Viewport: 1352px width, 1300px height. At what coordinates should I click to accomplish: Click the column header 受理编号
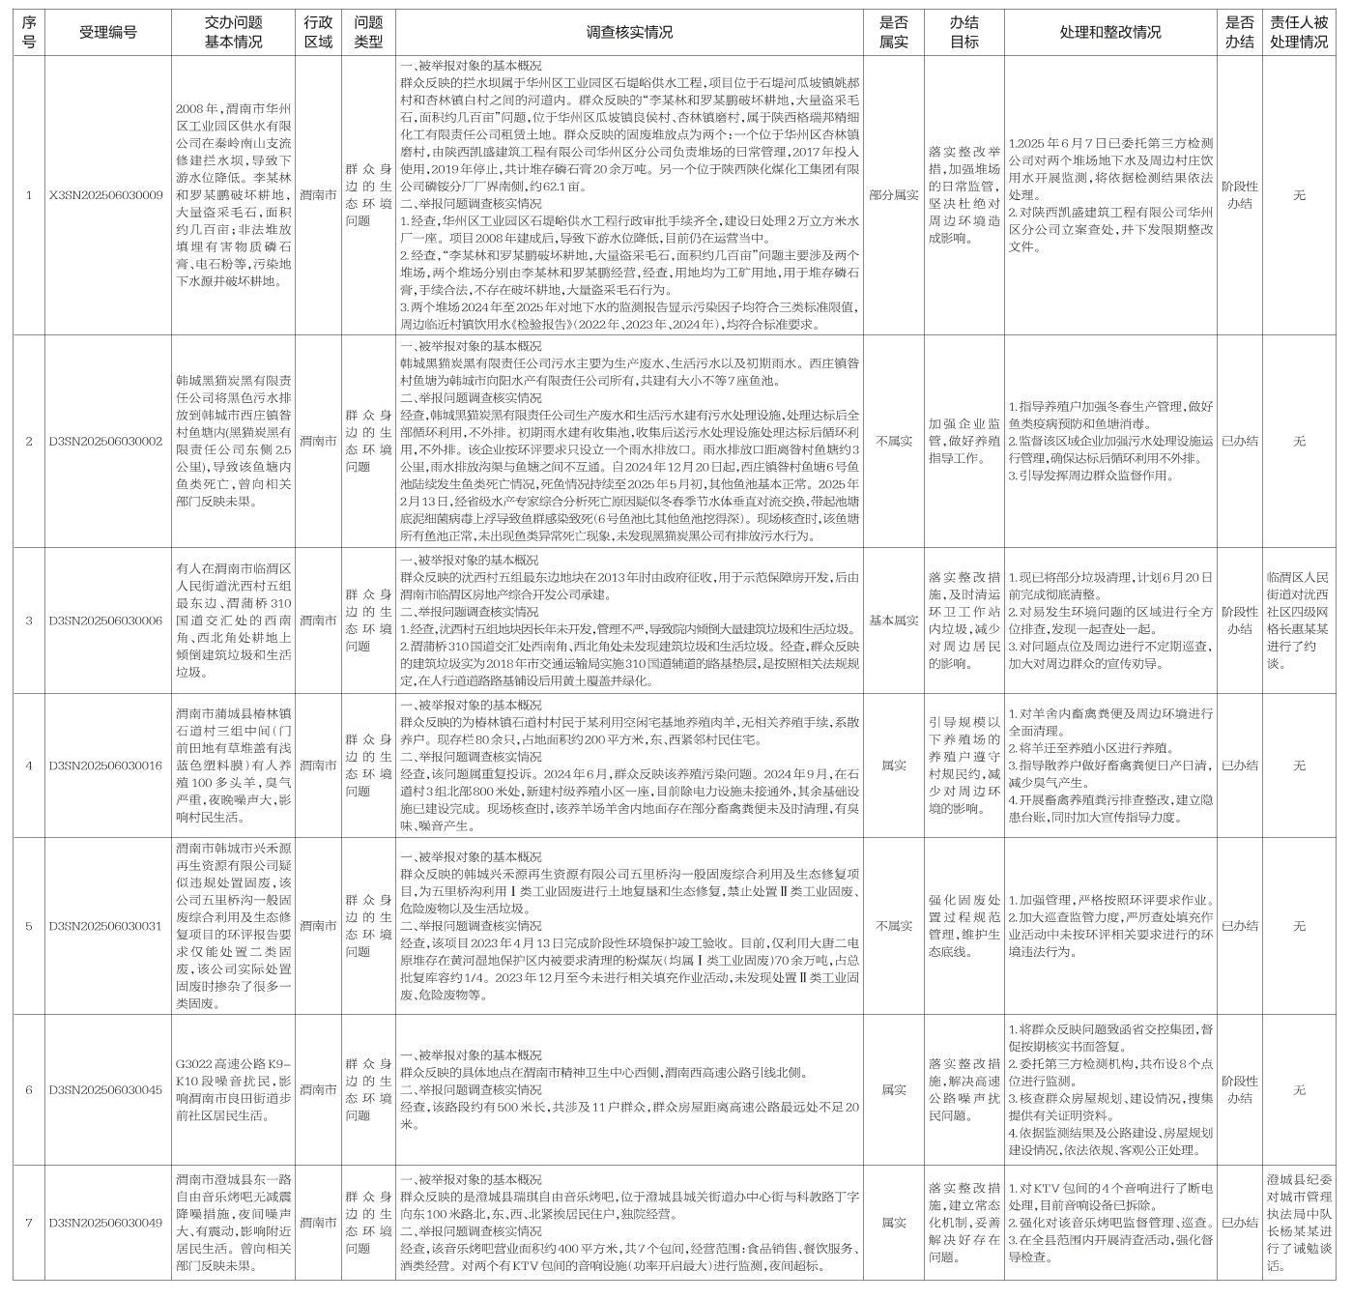[107, 32]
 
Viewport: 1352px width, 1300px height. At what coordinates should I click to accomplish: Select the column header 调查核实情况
[629, 32]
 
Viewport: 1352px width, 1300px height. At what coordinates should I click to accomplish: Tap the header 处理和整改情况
[1110, 32]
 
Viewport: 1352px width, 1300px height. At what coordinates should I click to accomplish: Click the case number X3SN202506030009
[107, 195]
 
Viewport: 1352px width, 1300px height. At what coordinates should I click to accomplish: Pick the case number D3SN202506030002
[107, 441]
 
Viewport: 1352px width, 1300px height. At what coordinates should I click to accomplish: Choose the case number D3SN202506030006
[107, 620]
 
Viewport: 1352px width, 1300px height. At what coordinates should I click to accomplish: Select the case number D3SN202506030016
[107, 766]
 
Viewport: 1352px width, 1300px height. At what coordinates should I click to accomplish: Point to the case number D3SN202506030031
[107, 926]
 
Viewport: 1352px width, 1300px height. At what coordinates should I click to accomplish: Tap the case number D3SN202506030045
[107, 1089]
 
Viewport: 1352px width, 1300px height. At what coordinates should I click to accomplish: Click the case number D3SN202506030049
[107, 1223]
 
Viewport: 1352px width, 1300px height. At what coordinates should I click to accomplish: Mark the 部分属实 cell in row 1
[894, 195]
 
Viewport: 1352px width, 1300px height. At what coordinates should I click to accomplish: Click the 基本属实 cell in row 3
[894, 620]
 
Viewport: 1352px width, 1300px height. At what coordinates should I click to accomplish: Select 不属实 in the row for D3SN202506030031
[894, 926]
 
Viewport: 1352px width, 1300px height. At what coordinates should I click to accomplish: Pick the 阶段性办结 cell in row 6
[1240, 1089]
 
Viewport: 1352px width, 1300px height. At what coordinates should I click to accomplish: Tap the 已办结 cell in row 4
[1240, 766]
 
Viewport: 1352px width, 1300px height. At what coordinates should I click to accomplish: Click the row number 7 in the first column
[29, 1223]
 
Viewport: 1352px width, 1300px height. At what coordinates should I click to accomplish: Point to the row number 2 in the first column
[29, 441]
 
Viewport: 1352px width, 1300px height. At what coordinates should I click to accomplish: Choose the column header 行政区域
[318, 32]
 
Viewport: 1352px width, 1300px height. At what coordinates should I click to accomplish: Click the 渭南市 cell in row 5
[318, 926]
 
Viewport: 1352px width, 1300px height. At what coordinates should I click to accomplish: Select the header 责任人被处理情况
[1299, 32]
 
